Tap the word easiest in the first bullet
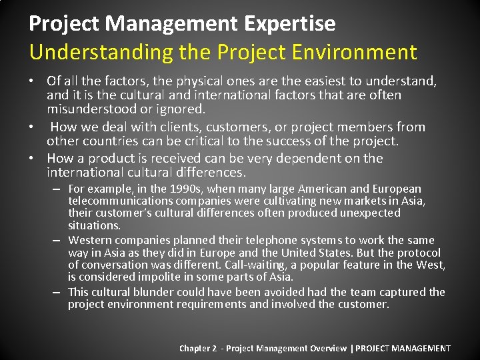click(315, 81)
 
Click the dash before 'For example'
click(59, 189)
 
